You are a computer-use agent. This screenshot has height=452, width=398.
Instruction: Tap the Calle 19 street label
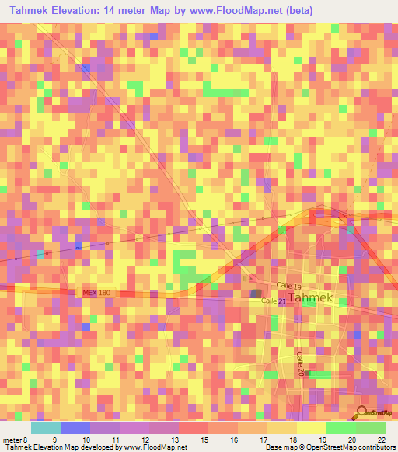tap(288, 287)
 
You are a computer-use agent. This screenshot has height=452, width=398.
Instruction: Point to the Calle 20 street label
tap(300, 363)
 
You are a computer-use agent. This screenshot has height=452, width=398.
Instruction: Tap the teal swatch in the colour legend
tap(45, 428)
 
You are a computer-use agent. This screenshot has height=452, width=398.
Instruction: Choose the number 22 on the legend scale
tap(381, 440)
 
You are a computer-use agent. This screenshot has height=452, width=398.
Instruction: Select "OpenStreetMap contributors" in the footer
tap(351, 447)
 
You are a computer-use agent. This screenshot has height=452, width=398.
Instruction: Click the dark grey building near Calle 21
tap(255, 294)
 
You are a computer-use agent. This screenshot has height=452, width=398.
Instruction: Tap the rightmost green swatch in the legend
tap(371, 428)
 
